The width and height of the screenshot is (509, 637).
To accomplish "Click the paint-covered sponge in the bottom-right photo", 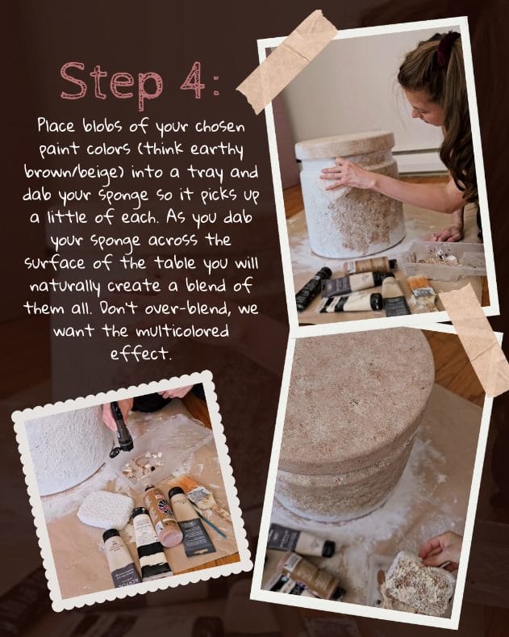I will click(x=418, y=583).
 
